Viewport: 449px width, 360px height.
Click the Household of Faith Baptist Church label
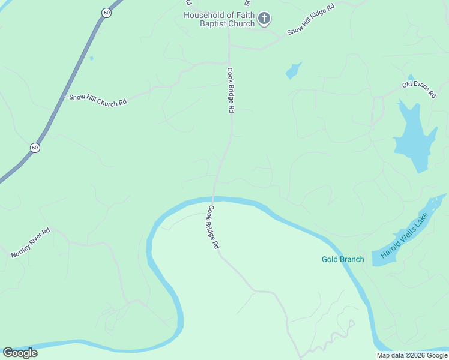tap(219, 19)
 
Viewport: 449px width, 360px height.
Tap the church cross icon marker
tap(264, 19)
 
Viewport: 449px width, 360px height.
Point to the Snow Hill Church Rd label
tap(98, 100)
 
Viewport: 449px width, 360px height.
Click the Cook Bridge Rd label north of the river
tap(230, 90)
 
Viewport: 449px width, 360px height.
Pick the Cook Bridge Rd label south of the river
tap(214, 228)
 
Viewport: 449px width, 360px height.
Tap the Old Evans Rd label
tap(418, 91)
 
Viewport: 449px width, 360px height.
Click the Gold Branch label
tap(343, 259)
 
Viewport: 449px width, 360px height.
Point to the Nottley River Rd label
tap(30, 243)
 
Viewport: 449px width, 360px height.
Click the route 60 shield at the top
tap(106, 13)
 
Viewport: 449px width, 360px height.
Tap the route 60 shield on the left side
tap(35, 148)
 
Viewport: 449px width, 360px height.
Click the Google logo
tap(20, 353)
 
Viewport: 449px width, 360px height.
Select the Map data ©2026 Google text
tap(412, 355)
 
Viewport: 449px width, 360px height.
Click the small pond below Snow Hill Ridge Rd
tap(293, 71)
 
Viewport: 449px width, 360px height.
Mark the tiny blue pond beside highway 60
tap(91, 58)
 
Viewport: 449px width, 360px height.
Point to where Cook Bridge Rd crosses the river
tap(213, 199)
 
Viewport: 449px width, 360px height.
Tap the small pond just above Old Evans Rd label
tap(411, 77)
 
